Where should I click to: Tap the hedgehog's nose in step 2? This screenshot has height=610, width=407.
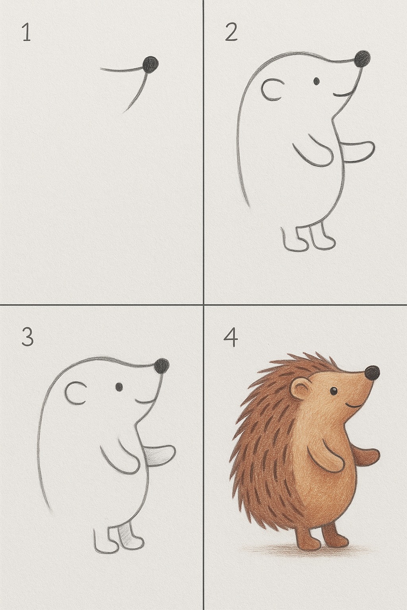coord(362,58)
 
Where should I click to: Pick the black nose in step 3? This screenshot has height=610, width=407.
coord(162,366)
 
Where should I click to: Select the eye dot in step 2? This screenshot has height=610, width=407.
coord(316,81)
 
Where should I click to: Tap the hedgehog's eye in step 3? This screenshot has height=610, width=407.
coord(119,387)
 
